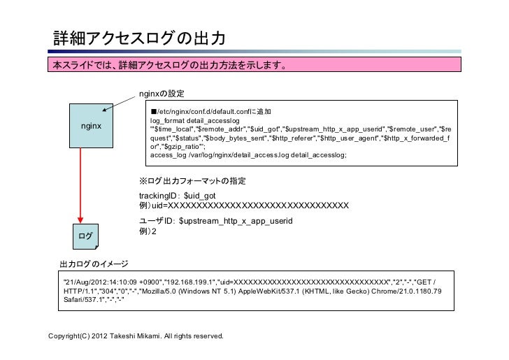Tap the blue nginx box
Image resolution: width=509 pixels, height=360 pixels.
tap(90, 127)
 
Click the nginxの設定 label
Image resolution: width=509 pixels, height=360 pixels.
tap(162, 94)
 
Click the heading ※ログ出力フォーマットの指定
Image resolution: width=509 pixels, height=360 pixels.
tap(193, 182)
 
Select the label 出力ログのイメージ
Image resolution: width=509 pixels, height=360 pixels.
tap(93, 264)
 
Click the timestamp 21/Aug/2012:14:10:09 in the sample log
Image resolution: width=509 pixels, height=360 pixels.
tap(99, 281)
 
